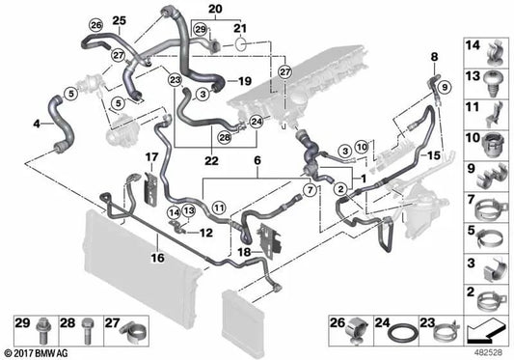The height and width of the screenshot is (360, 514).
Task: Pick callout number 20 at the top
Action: coord(214,9)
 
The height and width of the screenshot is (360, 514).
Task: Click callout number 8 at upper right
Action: coord(434,57)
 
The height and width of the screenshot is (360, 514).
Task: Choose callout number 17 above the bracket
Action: coord(151,156)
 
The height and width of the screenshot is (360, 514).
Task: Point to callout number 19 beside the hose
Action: coord(244,81)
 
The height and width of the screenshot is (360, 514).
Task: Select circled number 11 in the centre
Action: coord(219,207)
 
